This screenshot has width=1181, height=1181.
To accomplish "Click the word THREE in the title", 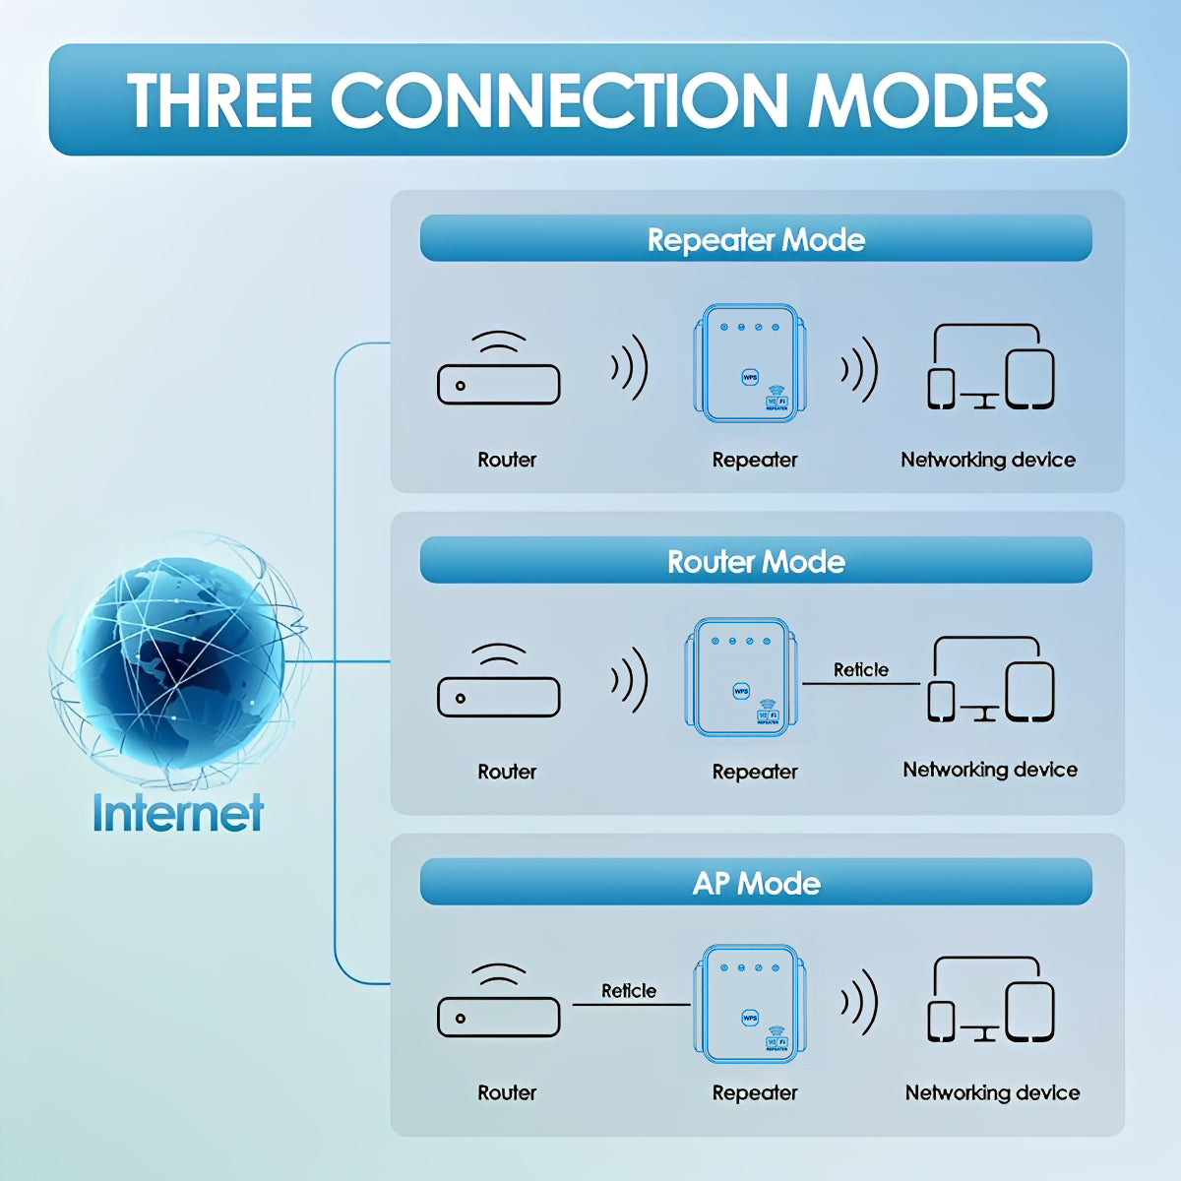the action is pyautogui.click(x=219, y=100).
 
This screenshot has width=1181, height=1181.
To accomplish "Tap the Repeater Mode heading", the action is pyautogui.click(x=756, y=239).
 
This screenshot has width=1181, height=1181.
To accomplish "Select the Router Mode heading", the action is pyautogui.click(x=756, y=561).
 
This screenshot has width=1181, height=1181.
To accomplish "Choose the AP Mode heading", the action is pyautogui.click(x=756, y=883).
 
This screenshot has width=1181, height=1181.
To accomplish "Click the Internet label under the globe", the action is pyautogui.click(x=178, y=813).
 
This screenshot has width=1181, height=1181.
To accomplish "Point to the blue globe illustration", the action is pyautogui.click(x=179, y=660).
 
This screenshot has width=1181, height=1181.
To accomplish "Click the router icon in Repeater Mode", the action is pyautogui.click(x=498, y=368).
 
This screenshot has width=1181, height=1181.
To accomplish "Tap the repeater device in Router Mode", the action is pyautogui.click(x=740, y=677).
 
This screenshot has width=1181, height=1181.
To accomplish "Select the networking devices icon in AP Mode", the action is pyautogui.click(x=990, y=1000).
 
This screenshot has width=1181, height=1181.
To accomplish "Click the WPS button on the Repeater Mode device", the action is pyautogui.click(x=750, y=378).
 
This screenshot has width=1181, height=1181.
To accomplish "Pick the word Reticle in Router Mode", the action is pyautogui.click(x=860, y=670).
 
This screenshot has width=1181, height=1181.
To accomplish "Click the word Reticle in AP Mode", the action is pyautogui.click(x=629, y=991).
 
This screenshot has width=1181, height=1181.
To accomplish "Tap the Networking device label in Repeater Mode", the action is pyautogui.click(x=988, y=460).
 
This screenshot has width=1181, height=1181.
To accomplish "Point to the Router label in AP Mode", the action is pyautogui.click(x=507, y=1092).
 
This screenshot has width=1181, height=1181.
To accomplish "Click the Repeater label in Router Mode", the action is pyautogui.click(x=755, y=772).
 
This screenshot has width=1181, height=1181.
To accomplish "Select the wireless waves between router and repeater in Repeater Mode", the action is pyautogui.click(x=629, y=368).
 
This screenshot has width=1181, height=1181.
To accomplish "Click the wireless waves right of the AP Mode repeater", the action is pyautogui.click(x=859, y=1003).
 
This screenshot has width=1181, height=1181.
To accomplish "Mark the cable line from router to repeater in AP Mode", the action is pyautogui.click(x=631, y=1005).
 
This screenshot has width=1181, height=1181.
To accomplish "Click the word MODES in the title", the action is pyautogui.click(x=928, y=100).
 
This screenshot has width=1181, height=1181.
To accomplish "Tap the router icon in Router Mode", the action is pyautogui.click(x=498, y=680).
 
